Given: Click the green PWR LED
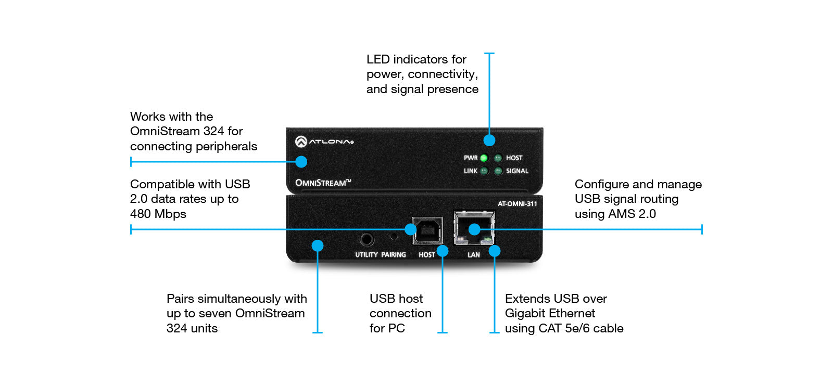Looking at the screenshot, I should coord(484,158).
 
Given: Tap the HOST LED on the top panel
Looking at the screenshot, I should coord(498,158).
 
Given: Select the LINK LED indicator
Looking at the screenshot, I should coord(484,171).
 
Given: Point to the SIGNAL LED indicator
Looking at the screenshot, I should coord(498,171).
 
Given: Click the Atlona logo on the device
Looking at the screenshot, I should coord(324,141).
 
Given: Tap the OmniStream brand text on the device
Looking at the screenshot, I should coord(323,183).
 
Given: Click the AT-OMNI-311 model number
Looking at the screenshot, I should coord(517,203).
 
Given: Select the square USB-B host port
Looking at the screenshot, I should coord(428,231).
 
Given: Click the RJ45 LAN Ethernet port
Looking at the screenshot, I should coord(474,228).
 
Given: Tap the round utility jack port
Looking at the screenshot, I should coord(367,240).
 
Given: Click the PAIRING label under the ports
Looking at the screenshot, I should coord(393,255).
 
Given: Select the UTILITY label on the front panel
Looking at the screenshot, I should coord(366,255).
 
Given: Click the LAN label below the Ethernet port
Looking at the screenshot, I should coord(473,255).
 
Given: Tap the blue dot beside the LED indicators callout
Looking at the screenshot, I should coord(489,140).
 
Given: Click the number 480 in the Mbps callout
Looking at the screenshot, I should coord(141,214).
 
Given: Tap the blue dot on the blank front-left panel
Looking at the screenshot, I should coord(318,246).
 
